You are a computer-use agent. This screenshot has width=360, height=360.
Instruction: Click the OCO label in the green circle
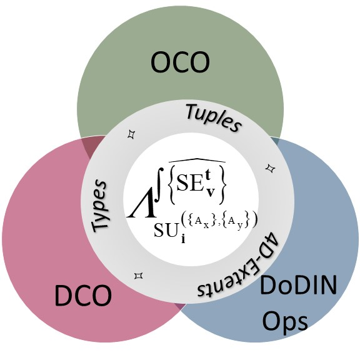(x=180, y=62)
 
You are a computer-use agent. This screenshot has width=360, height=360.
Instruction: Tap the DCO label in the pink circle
(x=83, y=295)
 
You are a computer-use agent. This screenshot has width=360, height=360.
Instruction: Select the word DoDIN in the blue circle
(x=298, y=286)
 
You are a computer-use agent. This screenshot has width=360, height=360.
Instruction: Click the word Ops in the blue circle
(x=285, y=321)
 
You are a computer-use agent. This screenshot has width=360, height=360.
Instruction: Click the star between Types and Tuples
(x=131, y=134)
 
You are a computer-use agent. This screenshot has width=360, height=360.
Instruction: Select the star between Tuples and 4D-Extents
(x=271, y=169)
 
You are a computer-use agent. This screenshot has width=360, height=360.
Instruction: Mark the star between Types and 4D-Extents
(x=139, y=276)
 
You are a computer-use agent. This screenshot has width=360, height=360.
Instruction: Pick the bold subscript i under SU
(x=183, y=239)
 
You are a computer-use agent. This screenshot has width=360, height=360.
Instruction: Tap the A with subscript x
(x=202, y=222)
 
